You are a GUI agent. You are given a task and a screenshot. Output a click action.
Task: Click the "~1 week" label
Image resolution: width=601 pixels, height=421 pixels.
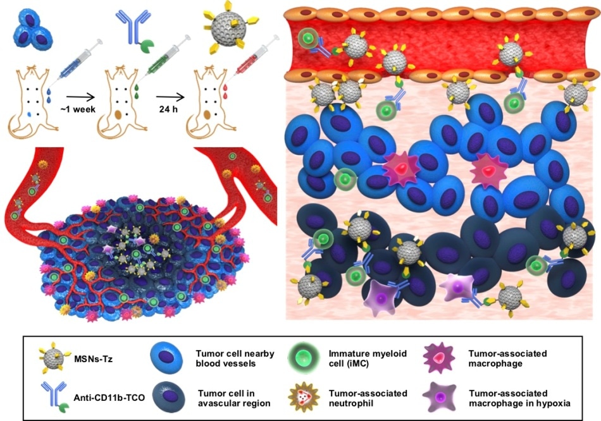click(x=78, y=109)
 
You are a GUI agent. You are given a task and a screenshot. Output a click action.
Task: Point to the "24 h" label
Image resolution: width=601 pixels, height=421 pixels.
click(x=169, y=109)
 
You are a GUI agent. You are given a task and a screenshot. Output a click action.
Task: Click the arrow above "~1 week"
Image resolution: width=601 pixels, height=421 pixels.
click(x=80, y=97)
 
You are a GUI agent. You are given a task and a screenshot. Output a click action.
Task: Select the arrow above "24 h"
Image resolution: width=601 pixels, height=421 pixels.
click(x=170, y=97)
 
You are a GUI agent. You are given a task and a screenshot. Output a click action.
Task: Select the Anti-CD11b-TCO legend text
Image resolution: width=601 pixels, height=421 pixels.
click(x=109, y=398)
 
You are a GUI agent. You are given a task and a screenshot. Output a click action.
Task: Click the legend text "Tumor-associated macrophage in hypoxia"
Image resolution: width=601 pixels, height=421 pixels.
click(x=519, y=398)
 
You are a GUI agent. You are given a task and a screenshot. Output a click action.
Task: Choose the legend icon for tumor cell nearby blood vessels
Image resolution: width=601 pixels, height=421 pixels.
click(x=167, y=358)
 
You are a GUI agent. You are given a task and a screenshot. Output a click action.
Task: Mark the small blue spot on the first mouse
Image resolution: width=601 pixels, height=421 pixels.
click(x=30, y=114)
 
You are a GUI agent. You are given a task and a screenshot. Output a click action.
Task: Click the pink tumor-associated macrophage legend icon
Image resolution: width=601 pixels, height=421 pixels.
click(x=439, y=358)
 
